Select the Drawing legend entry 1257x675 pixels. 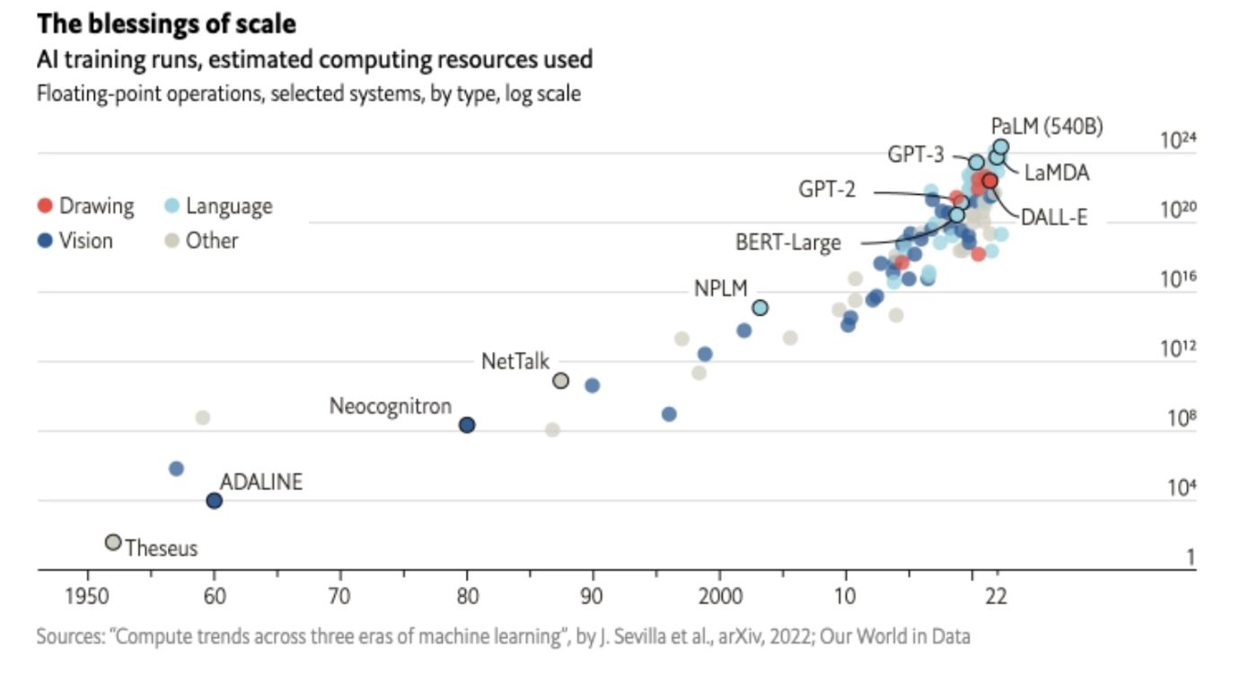(x=86, y=206)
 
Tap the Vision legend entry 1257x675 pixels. (x=75, y=241)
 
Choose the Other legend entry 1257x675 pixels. (x=202, y=241)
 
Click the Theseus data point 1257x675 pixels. (x=112, y=542)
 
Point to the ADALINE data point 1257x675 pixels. (x=214, y=501)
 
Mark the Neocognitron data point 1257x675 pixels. (x=467, y=425)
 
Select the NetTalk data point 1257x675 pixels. (x=560, y=381)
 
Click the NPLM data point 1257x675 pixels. (x=760, y=308)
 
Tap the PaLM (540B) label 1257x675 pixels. (x=1047, y=127)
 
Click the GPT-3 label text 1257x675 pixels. (x=916, y=154)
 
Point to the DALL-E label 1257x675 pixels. (x=1054, y=216)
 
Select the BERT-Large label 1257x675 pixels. (x=787, y=242)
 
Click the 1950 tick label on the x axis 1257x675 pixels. (x=87, y=597)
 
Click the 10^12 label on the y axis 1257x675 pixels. (x=1179, y=349)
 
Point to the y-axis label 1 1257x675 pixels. (x=1191, y=558)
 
